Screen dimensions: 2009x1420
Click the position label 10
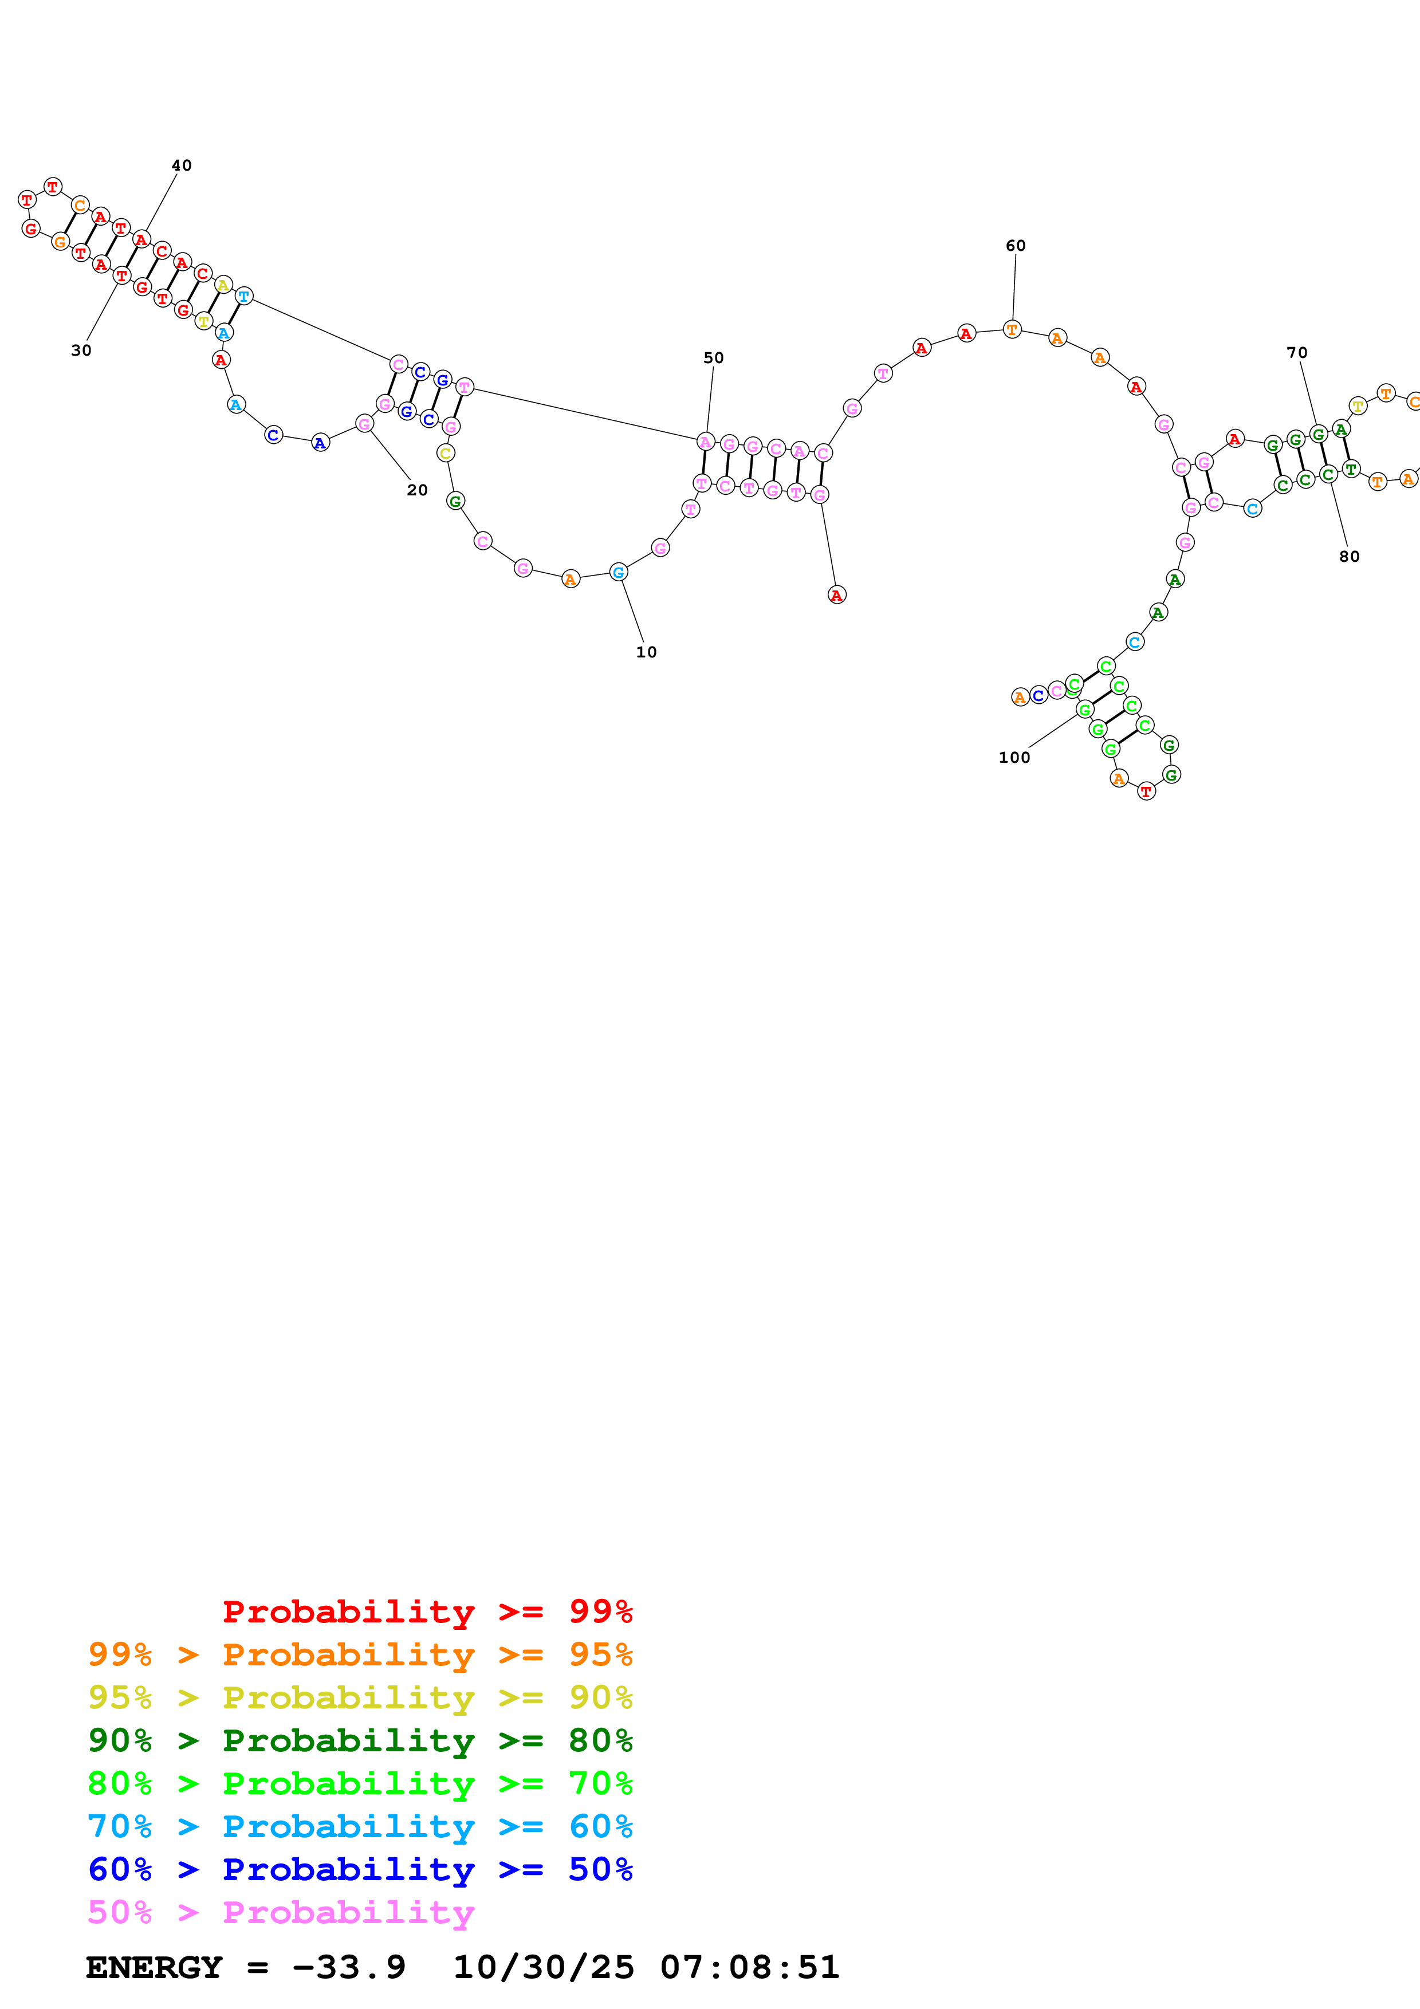(x=646, y=652)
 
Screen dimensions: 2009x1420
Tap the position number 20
(x=418, y=490)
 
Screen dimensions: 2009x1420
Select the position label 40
(x=181, y=166)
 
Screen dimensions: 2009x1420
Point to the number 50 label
(x=713, y=358)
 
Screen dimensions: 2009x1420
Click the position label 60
(x=1015, y=246)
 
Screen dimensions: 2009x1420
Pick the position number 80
(x=1349, y=557)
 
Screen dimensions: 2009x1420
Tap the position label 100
(x=1014, y=758)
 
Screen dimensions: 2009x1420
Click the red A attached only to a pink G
(x=836, y=595)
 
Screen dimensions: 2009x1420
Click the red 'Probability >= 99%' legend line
(x=427, y=1612)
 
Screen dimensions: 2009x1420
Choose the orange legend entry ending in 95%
(x=360, y=1655)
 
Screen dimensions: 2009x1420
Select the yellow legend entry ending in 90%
(x=360, y=1697)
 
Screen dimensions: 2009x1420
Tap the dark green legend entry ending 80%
(x=360, y=1740)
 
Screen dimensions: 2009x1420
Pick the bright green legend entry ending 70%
(x=360, y=1783)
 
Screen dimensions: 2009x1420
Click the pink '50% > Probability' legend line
(x=281, y=1912)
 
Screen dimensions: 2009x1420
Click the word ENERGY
(x=153, y=1968)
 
